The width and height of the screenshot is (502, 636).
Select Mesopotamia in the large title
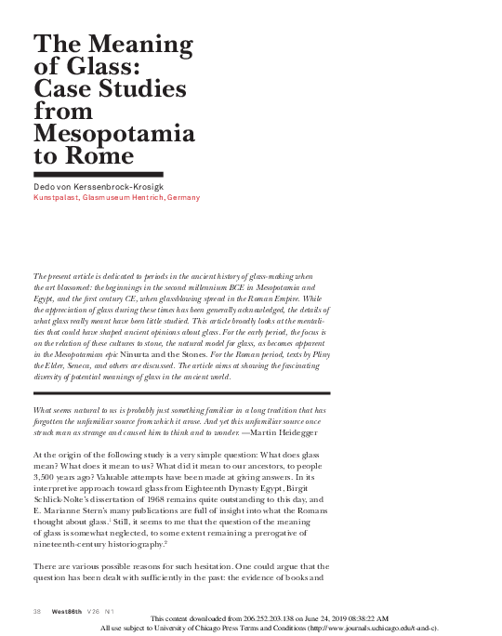tap(114, 134)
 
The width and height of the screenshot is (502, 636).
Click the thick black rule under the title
tap(98, 174)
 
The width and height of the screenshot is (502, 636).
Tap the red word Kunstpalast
tap(56, 197)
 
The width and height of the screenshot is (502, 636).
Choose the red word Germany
tap(183, 197)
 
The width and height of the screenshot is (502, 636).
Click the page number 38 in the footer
tap(37, 611)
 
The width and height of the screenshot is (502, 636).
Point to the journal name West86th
tap(66, 611)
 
